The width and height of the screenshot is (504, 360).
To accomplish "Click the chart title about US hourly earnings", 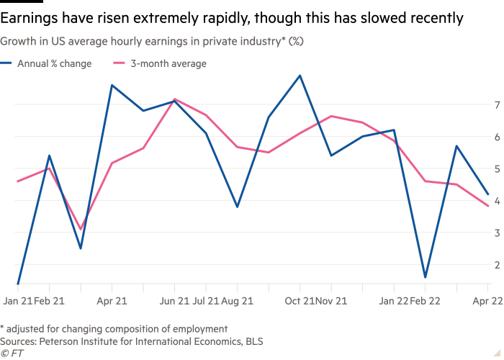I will [152, 42].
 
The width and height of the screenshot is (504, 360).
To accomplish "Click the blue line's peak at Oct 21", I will [300, 75].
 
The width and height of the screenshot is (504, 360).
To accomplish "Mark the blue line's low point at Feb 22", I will [426, 277].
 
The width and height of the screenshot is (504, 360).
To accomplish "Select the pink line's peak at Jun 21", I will [174, 99].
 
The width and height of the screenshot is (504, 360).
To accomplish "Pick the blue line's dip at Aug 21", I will [237, 207].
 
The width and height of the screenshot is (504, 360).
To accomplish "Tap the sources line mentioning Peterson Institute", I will [132, 341].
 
